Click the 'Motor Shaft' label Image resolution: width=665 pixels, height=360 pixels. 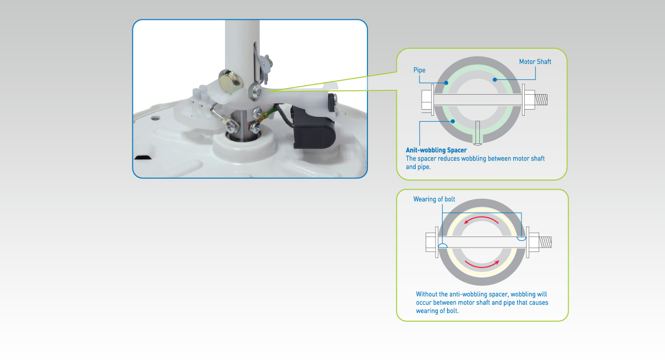(x=535, y=61)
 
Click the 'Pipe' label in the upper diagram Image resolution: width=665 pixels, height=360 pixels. (x=419, y=70)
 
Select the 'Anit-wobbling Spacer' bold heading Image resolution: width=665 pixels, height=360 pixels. (x=436, y=150)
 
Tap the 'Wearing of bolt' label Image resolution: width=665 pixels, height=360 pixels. (x=434, y=199)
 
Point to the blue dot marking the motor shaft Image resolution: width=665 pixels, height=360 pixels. (x=494, y=80)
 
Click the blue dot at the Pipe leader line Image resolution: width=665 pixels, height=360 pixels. (x=446, y=83)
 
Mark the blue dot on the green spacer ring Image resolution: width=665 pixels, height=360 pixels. (x=453, y=121)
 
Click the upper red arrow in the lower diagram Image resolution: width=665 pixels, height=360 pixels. (x=482, y=218)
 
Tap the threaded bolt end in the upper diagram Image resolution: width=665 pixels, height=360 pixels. (x=541, y=100)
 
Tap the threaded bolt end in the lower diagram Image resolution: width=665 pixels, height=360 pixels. (x=545, y=242)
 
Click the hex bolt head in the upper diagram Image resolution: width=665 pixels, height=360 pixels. (x=426, y=100)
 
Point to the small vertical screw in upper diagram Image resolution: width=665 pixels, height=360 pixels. (x=478, y=133)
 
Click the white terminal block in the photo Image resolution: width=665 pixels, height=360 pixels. (x=201, y=97)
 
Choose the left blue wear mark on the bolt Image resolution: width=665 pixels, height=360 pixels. (x=443, y=246)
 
